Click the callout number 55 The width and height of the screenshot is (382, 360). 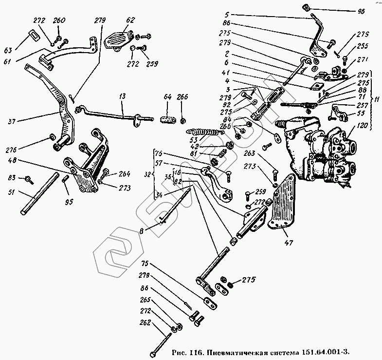361,113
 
